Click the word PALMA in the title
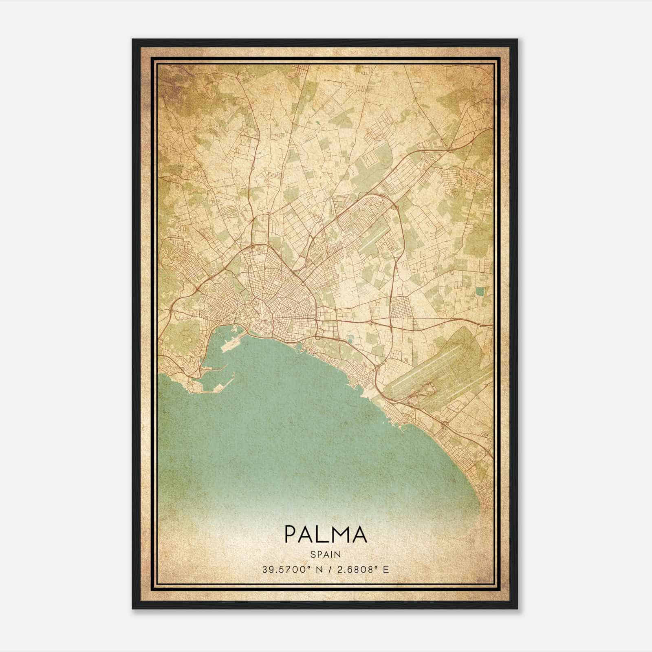pos(326,534)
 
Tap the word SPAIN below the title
pos(326,554)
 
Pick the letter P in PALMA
pos(291,534)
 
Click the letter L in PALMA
pos(322,534)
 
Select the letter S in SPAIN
pos(312,554)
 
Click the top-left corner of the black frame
pos(133,40)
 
